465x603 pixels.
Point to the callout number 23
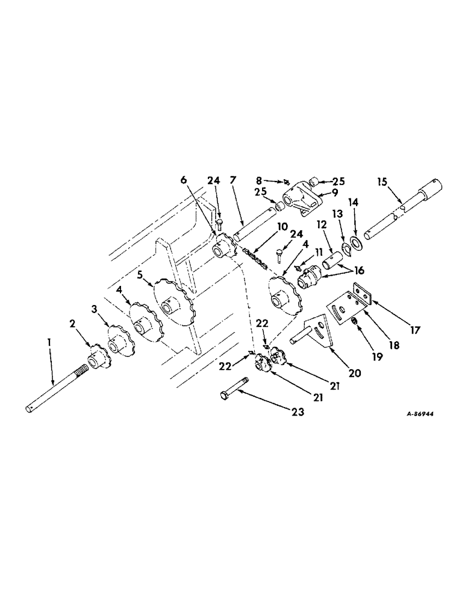pos(296,413)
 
